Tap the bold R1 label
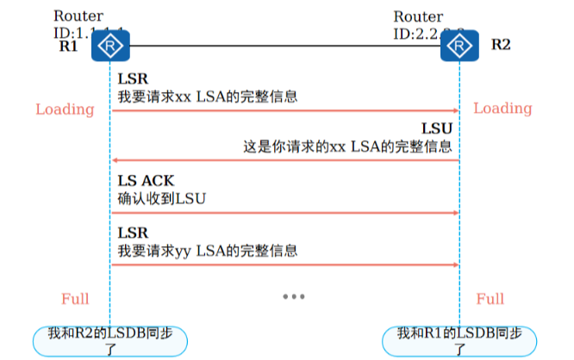point(68,46)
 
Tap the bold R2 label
point(500,45)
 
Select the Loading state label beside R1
point(65,109)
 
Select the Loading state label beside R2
point(502,109)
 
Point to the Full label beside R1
point(75,299)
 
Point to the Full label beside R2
point(490,299)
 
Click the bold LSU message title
point(436,129)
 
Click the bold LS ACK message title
point(146,181)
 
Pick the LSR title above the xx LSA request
point(133,79)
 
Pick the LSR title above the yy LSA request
point(133,233)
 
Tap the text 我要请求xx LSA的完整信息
point(208,96)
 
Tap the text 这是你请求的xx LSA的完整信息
point(347,146)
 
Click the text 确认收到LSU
point(162,199)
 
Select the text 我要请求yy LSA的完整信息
point(208,251)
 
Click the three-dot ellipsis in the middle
point(294,297)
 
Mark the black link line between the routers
point(284,45)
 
